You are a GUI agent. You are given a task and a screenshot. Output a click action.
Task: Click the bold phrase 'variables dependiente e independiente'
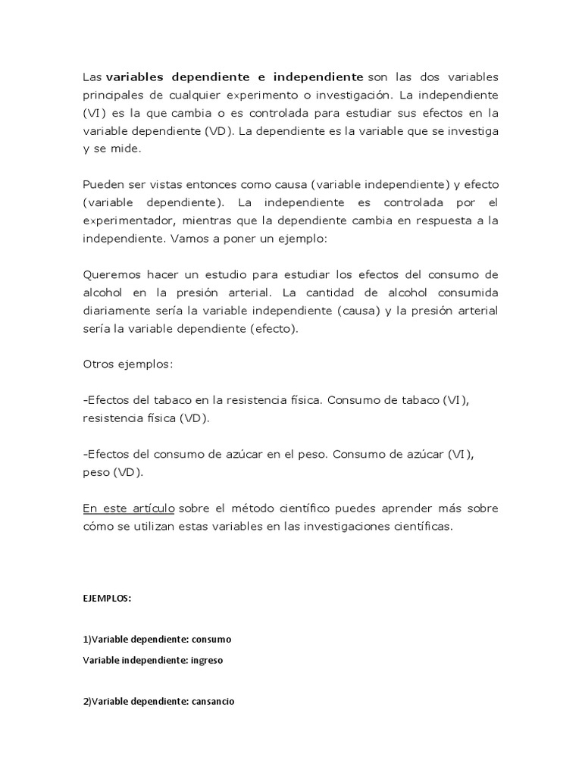pos(235,77)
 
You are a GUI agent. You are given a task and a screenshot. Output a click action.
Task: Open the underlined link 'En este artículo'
pos(129,508)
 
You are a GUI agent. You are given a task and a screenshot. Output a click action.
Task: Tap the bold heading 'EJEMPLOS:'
pos(107,597)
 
